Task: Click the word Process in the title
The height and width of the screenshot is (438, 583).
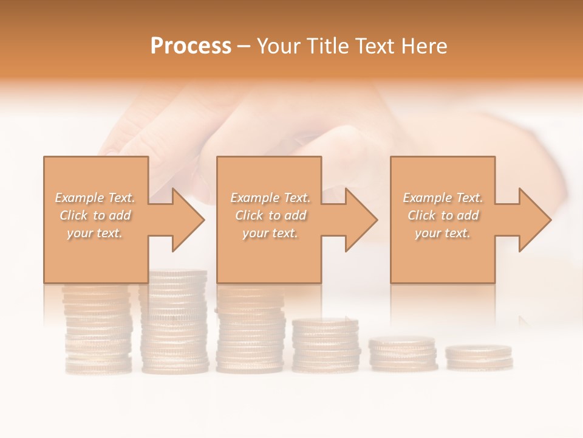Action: coord(191,46)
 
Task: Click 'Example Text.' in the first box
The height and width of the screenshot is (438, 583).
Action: coord(95,198)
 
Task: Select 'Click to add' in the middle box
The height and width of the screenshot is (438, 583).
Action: coord(270,215)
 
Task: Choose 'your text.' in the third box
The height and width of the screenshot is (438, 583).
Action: coord(443,233)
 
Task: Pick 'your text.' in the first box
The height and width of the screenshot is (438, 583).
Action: coord(95,233)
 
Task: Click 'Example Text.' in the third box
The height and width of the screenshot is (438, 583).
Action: coord(443,198)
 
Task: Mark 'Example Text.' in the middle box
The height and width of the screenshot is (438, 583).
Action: coord(270,198)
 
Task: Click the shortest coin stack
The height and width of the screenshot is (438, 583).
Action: coord(479,357)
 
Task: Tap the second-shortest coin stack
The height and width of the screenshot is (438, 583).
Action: coord(403,354)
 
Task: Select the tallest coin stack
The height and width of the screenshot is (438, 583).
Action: coord(174,322)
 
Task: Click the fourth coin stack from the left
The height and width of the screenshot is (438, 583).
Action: coord(326,345)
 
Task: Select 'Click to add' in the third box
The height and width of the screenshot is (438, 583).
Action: coord(443,215)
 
